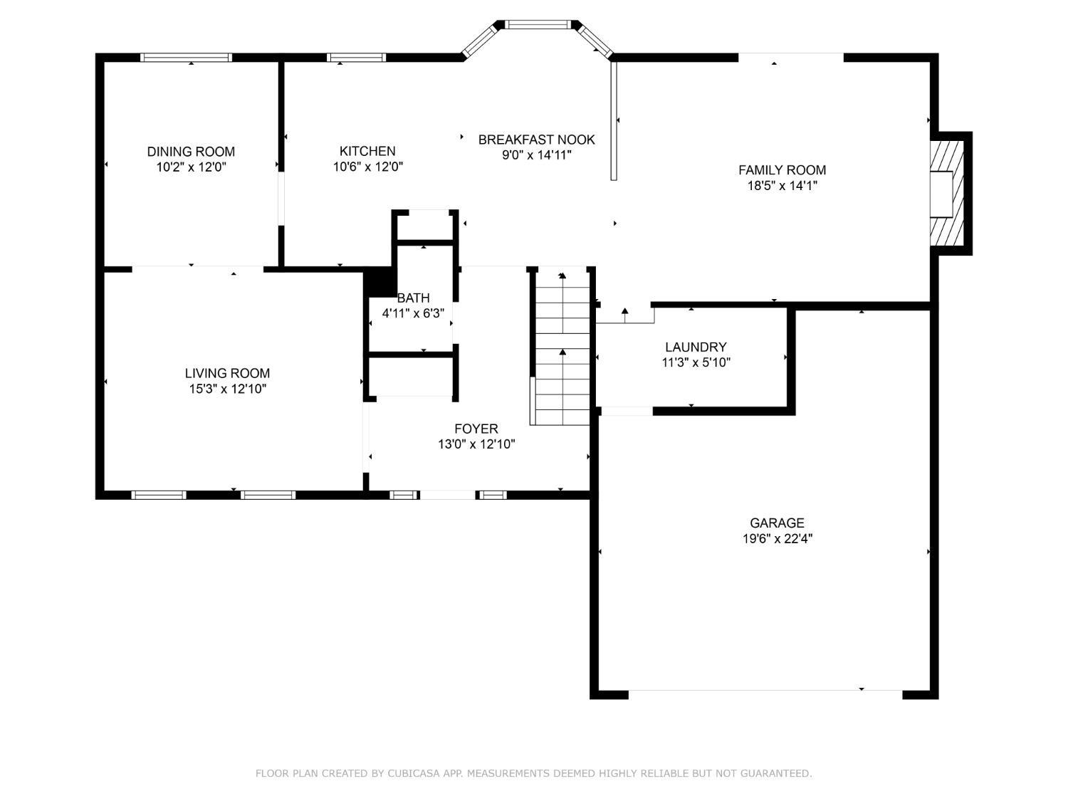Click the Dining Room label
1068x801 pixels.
[x=191, y=152]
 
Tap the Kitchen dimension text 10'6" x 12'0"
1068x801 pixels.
[x=367, y=167]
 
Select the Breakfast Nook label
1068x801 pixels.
[x=536, y=140]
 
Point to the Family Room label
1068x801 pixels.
[x=782, y=170]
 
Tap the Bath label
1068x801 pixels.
[x=413, y=298]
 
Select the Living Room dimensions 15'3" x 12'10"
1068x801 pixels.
[x=227, y=389]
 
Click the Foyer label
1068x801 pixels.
[x=476, y=429]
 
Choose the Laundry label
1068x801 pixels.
[x=696, y=347]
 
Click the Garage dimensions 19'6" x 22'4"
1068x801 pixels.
[x=778, y=539]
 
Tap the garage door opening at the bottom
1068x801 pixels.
[x=765, y=691]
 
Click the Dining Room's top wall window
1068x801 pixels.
[x=187, y=58]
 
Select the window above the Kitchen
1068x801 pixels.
[x=356, y=58]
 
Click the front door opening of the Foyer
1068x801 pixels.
[x=447, y=494]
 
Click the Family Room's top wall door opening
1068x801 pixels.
[x=790, y=57]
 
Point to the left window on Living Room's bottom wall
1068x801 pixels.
[x=159, y=494]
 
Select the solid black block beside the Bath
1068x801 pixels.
[x=380, y=282]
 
